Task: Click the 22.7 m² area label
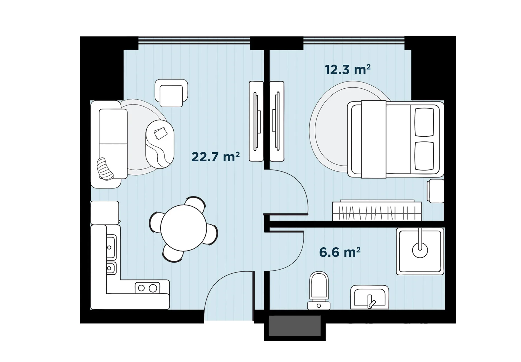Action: pos(216,157)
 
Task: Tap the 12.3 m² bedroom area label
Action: pos(347,70)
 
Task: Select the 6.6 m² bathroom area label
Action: pos(340,252)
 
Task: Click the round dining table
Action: pos(183,228)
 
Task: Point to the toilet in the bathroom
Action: pos(319,290)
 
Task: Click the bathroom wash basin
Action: pos(369,297)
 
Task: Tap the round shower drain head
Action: pos(420,250)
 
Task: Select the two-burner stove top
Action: pos(148,288)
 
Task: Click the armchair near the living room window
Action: pos(171,93)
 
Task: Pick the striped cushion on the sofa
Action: pos(105,169)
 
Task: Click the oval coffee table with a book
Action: pos(160,144)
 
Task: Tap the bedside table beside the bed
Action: pos(435,191)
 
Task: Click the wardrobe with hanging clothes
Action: pos(377,211)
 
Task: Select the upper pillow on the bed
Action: pos(424,122)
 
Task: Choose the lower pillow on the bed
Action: pos(424,156)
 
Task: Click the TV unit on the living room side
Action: pos(256,121)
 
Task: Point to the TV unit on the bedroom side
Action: pos(277,121)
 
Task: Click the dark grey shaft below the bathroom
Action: pos(295,326)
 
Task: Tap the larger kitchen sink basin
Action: pos(111,247)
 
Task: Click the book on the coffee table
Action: pos(161,133)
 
